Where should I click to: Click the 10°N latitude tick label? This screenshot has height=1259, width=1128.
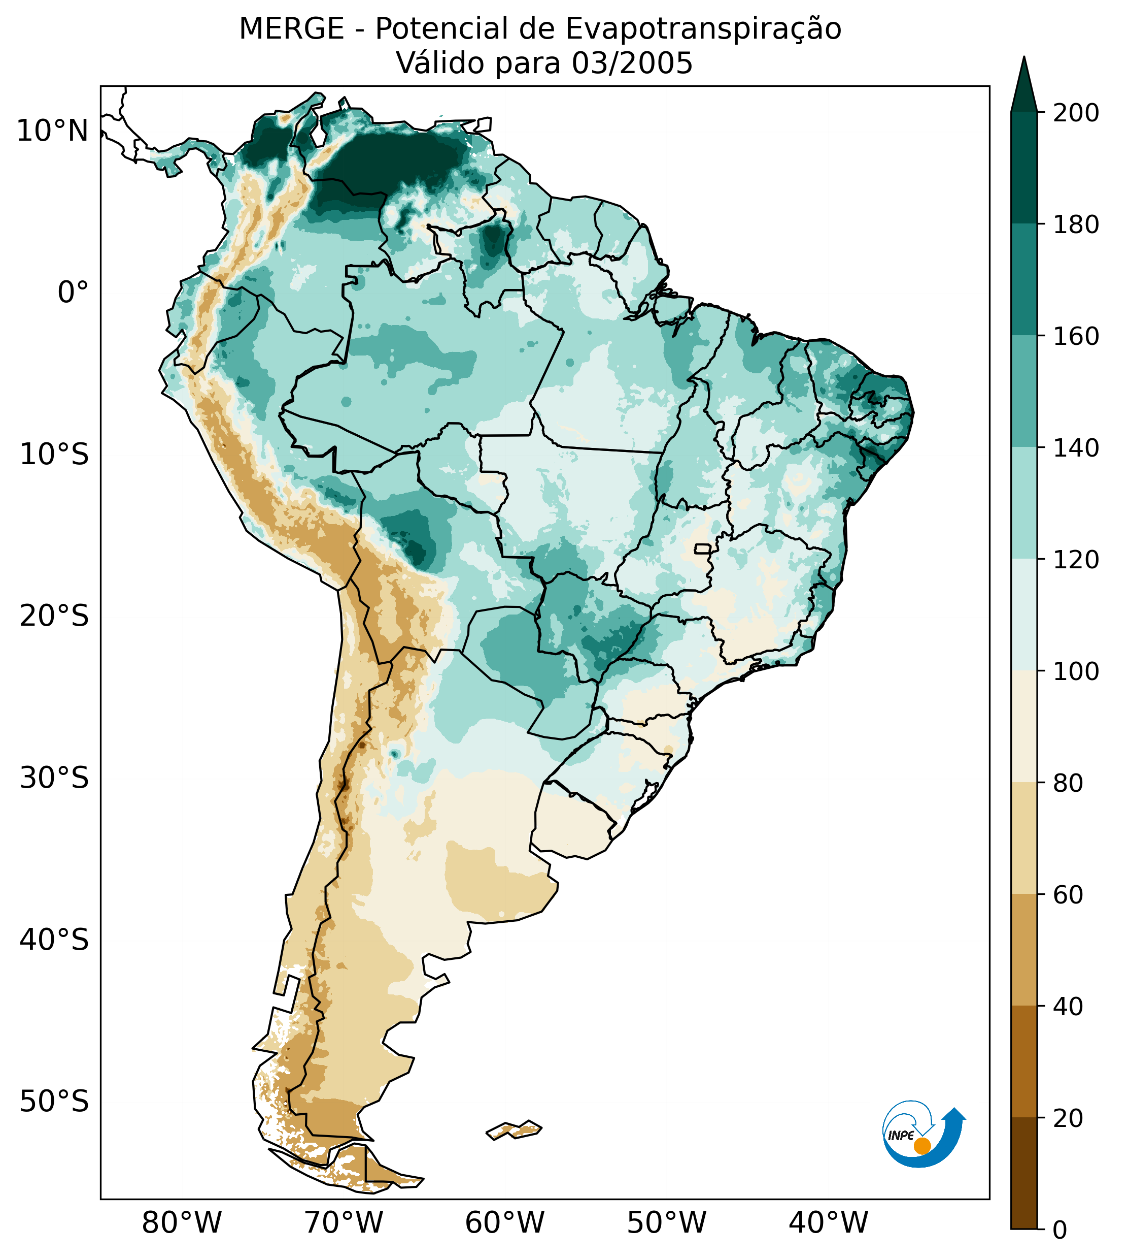[52, 132]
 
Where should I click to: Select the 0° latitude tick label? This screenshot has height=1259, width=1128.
[73, 293]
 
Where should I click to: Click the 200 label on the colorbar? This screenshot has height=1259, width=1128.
[1076, 113]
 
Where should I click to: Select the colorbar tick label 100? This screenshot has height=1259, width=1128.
[1076, 671]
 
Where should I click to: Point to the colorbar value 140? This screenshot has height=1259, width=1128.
[1076, 448]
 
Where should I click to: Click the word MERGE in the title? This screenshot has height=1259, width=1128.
[291, 29]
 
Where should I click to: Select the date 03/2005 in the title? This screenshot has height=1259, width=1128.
[632, 63]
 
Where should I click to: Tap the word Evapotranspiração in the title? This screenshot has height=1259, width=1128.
[703, 29]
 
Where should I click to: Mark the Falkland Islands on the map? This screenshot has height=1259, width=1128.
[515, 1129]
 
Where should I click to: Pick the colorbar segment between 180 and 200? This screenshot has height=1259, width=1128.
[1024, 168]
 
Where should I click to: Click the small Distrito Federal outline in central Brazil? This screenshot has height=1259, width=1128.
[703, 549]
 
